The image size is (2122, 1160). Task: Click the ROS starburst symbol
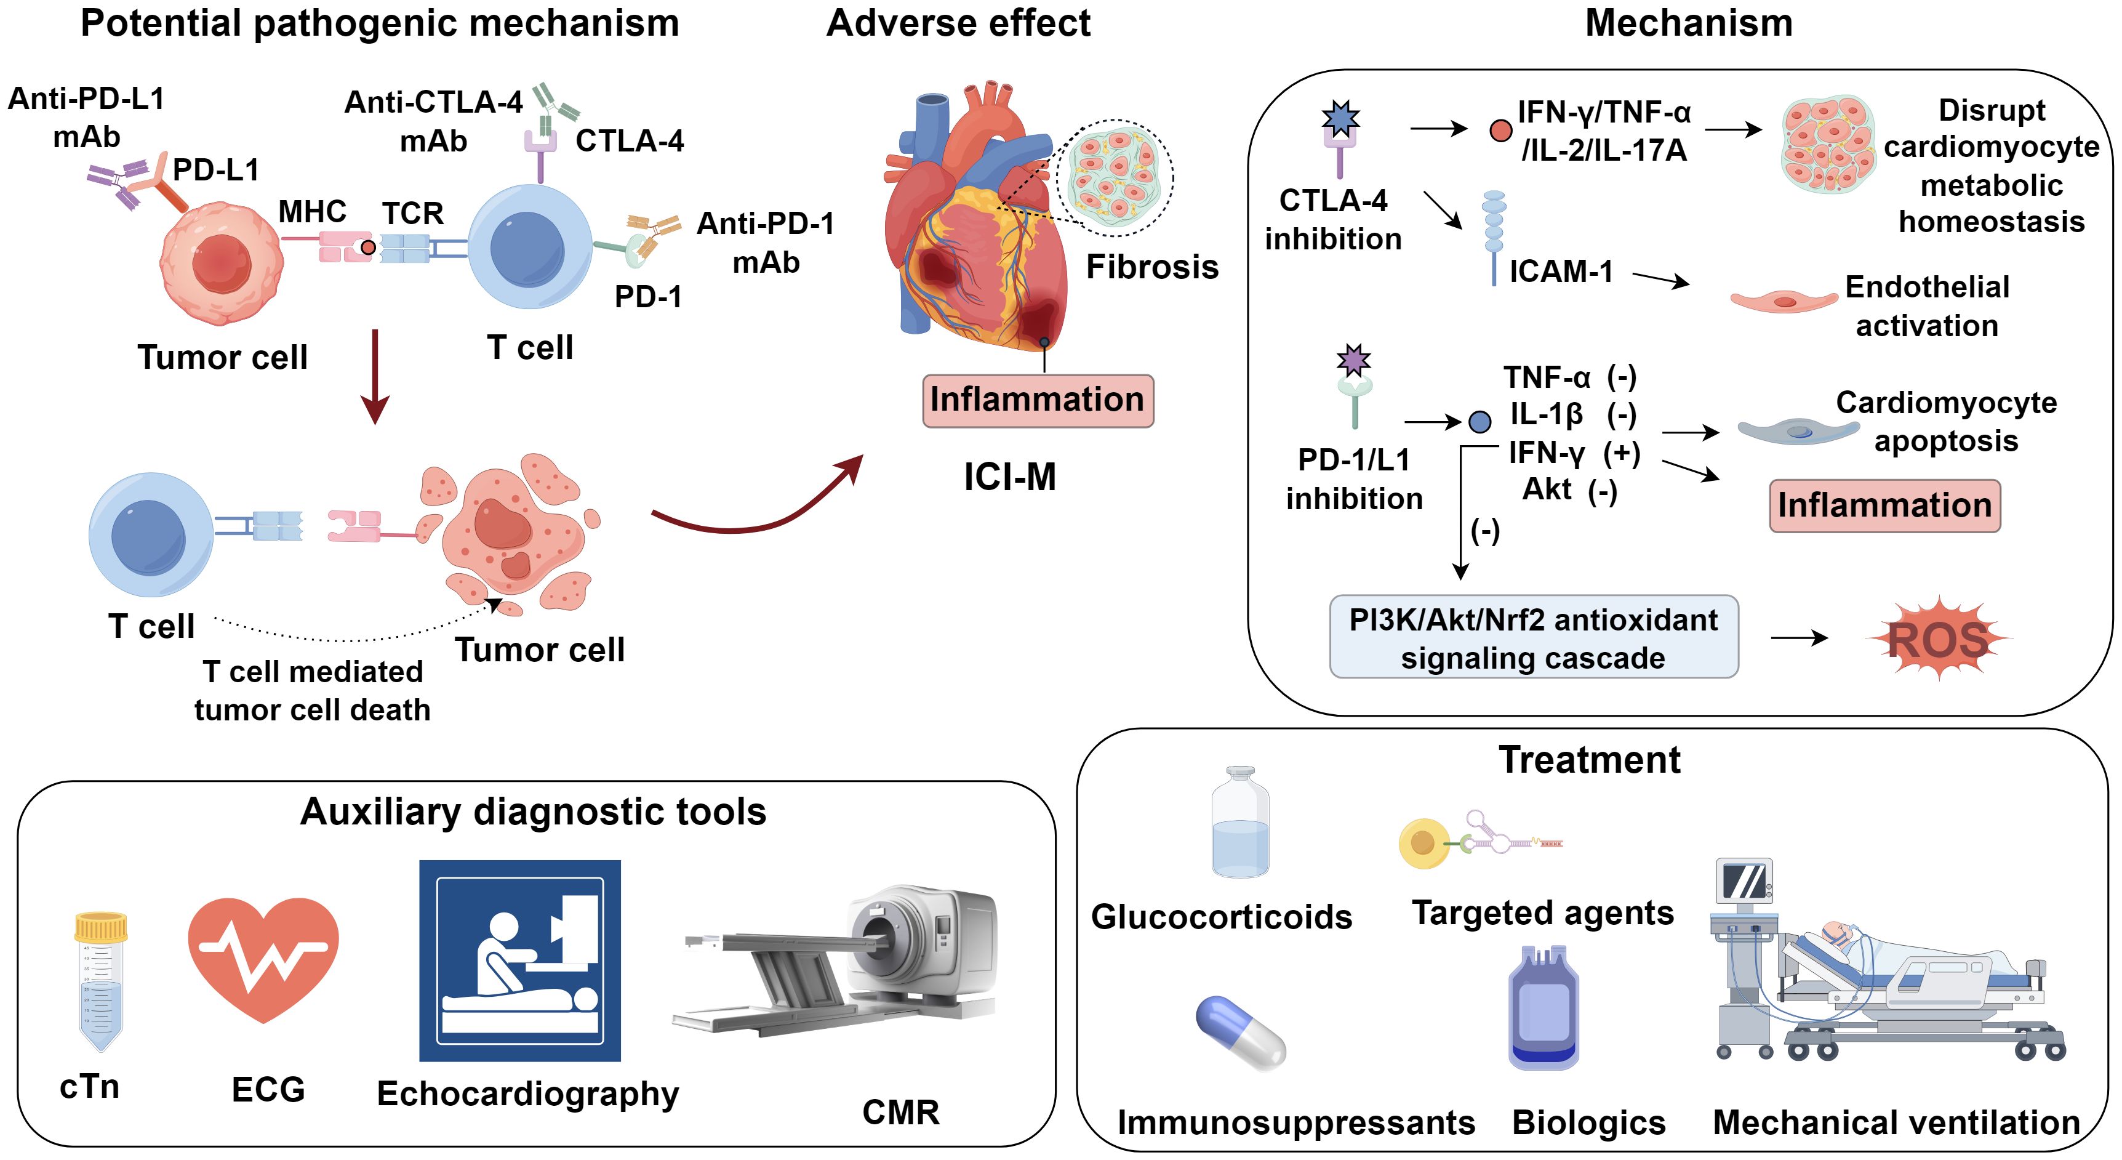[x=1937, y=639]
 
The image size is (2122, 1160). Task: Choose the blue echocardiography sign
[x=520, y=961]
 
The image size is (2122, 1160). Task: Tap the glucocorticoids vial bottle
[x=1239, y=824]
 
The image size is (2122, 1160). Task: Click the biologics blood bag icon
[x=1543, y=1009]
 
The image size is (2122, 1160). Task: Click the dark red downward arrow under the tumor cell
[x=375, y=376]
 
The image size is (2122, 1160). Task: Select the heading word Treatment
[x=1589, y=760]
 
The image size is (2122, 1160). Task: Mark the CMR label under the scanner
[x=900, y=1112]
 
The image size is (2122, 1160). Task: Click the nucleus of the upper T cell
[x=527, y=249]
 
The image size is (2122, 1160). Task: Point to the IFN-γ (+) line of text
[x=1574, y=453]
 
